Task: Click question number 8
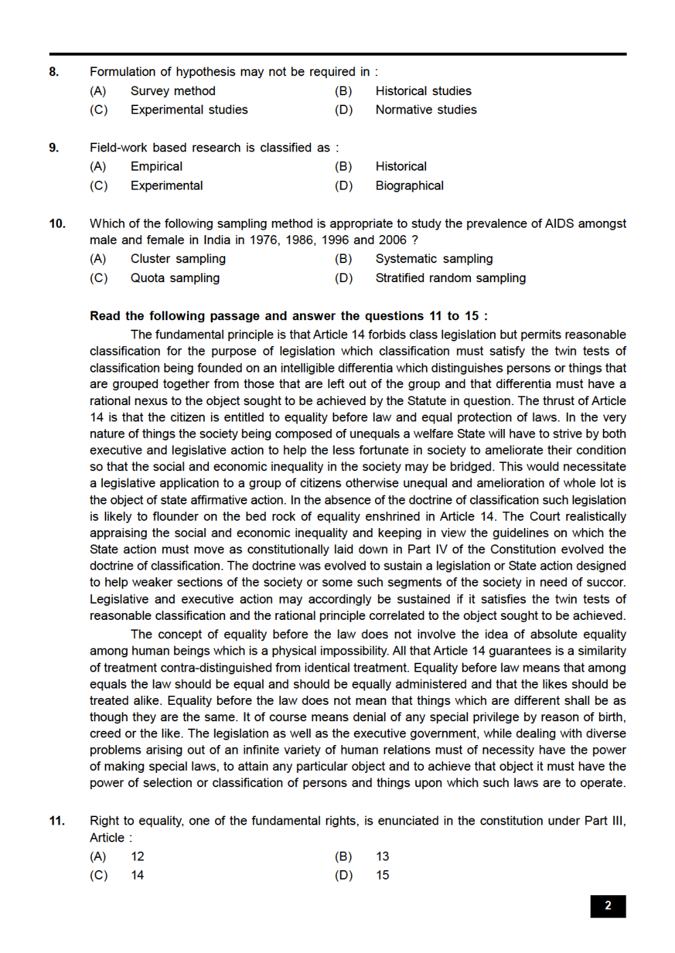54,72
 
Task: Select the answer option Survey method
173,91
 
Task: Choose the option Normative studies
426,110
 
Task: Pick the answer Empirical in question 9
157,167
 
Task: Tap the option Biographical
409,186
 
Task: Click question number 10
57,224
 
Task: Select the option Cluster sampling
178,259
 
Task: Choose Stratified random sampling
450,278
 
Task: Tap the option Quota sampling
175,278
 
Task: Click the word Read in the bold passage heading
105,316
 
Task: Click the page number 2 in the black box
608,906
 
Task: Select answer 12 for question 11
137,856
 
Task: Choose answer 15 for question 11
382,876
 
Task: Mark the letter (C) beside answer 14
99,876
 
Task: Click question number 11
57,821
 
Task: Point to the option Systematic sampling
434,259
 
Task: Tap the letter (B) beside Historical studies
343,91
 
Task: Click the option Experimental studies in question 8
189,110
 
